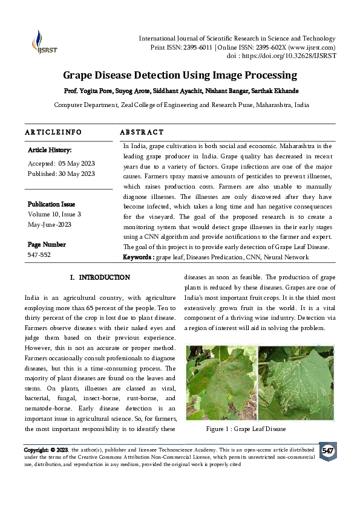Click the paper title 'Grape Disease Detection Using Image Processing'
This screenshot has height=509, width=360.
pyautogui.click(x=180, y=76)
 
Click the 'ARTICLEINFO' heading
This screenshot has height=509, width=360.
pyautogui.click(x=53, y=132)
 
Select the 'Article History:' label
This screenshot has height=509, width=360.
pyautogui.click(x=50, y=149)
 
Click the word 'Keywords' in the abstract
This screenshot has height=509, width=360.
pyautogui.click(x=138, y=257)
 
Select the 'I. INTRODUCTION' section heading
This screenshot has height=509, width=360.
pyautogui.click(x=100, y=277)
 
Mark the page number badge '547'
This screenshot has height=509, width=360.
pyautogui.click(x=327, y=452)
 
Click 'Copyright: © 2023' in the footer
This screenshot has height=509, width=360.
pyautogui.click(x=46, y=450)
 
